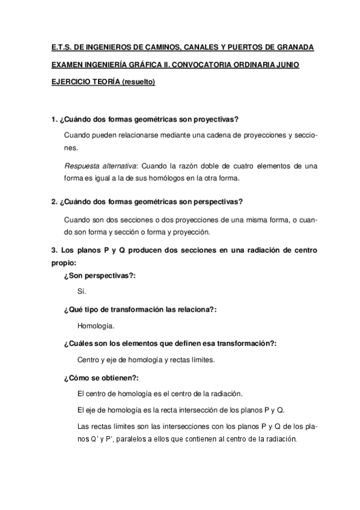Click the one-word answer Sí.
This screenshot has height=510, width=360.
(82, 292)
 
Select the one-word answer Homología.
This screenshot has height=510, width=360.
(96, 326)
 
